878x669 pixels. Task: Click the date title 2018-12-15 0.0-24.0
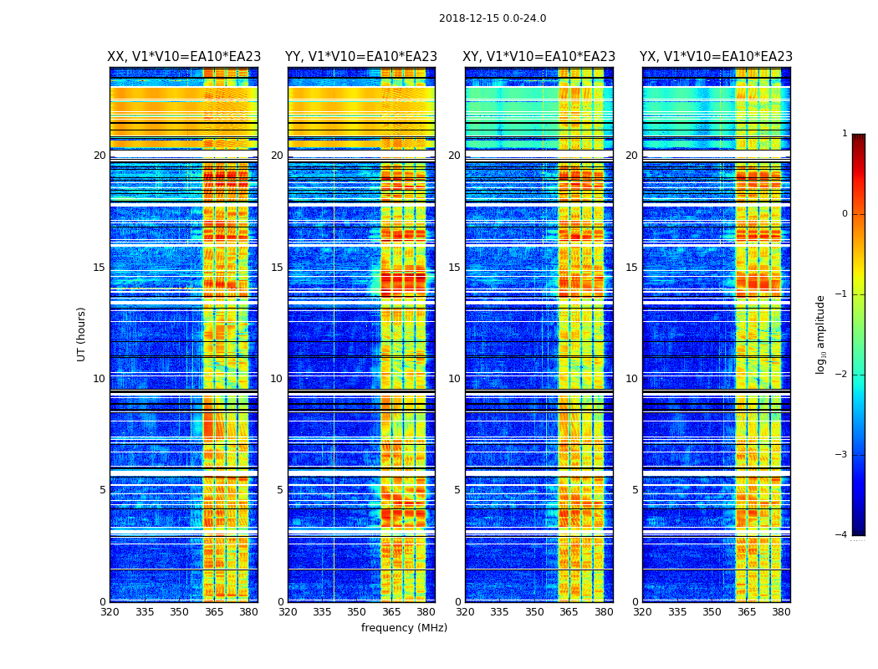point(493,18)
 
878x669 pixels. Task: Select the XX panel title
point(184,57)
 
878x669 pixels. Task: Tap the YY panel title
point(361,57)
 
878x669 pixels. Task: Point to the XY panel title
point(539,57)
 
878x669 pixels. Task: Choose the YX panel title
point(716,57)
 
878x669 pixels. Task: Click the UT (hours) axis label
point(82,334)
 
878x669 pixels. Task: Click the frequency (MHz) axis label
point(404,628)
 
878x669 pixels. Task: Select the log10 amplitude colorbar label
point(821,334)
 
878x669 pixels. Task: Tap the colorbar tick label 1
point(844,134)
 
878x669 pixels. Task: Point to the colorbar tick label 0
point(844,214)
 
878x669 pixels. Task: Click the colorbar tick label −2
point(842,375)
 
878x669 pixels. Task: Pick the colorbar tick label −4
point(842,535)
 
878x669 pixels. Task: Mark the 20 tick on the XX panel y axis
point(100,156)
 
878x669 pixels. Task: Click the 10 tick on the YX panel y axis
point(632,379)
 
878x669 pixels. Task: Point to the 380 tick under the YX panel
point(781,612)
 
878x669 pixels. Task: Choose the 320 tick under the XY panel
point(466,612)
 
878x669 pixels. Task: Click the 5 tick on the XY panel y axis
point(457,490)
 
